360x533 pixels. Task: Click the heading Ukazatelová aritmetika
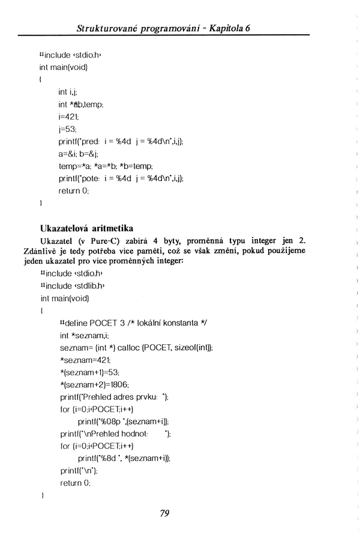coord(86,228)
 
